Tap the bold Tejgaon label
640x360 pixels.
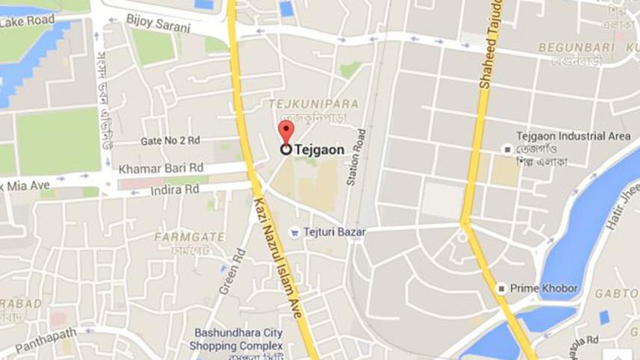[x=320, y=149]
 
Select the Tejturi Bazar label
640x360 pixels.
[x=335, y=232]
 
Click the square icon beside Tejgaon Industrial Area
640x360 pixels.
[x=507, y=149]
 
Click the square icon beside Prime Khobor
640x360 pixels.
[x=502, y=288]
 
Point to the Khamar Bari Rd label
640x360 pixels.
[x=161, y=167]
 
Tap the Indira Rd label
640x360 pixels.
[x=175, y=190]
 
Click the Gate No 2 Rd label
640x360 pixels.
[x=170, y=140]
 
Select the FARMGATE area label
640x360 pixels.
[x=190, y=237]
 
